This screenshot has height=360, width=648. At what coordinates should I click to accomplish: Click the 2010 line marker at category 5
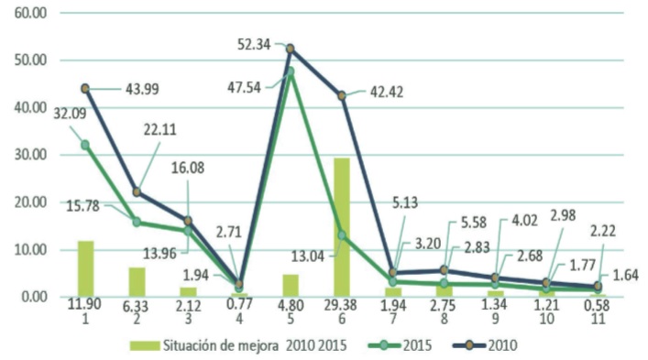(291, 49)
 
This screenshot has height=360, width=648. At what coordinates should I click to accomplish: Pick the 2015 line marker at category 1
(85, 145)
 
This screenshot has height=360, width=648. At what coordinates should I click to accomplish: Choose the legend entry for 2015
(402, 344)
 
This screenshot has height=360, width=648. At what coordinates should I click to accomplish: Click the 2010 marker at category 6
(342, 95)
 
